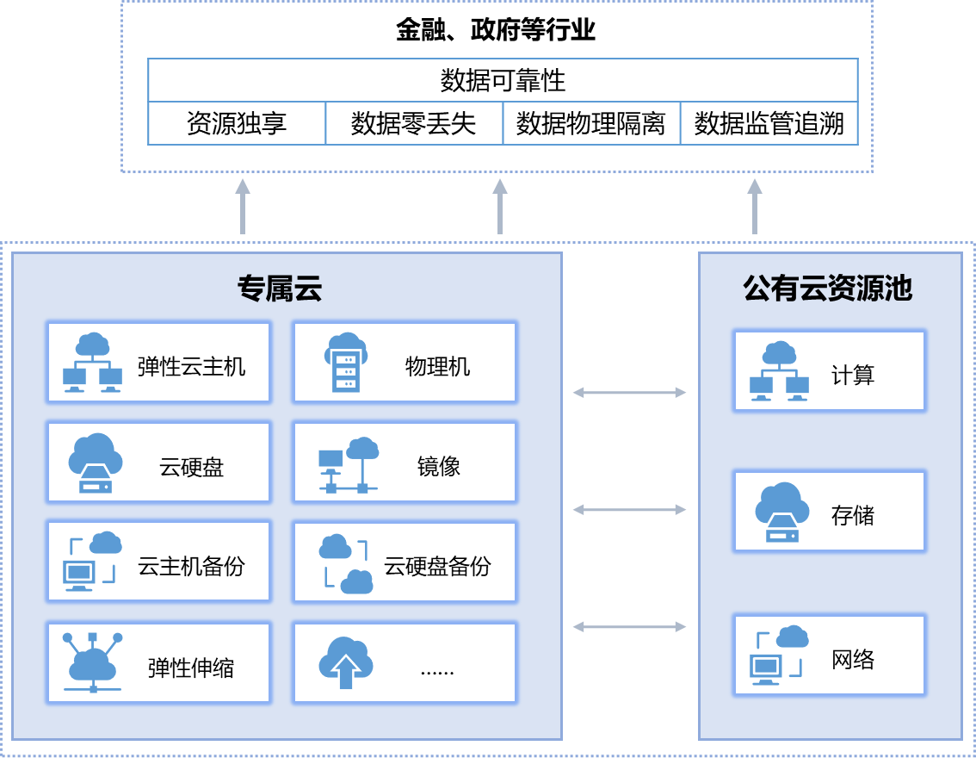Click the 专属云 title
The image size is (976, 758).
[280, 289]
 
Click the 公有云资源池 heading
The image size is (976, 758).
[827, 289]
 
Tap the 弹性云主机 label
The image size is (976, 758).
[191, 367]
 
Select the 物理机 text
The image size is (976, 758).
[437, 367]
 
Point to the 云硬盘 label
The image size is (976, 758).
[191, 467]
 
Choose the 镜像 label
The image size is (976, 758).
[439, 467]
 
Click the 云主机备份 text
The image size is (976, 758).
[191, 566]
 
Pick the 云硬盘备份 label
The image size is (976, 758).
[437, 566]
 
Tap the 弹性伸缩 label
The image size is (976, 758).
[191, 668]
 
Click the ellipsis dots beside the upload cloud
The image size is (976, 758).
[437, 669]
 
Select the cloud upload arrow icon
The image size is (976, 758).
[345, 662]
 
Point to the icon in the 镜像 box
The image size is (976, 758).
[349, 465]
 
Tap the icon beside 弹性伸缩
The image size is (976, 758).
[93, 662]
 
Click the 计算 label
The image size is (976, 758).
[853, 376]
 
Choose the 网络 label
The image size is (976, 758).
[853, 660]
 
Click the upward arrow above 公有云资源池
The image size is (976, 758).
[755, 207]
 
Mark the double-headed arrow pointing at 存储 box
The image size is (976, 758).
[630, 510]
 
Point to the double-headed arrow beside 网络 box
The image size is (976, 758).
[630, 627]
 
